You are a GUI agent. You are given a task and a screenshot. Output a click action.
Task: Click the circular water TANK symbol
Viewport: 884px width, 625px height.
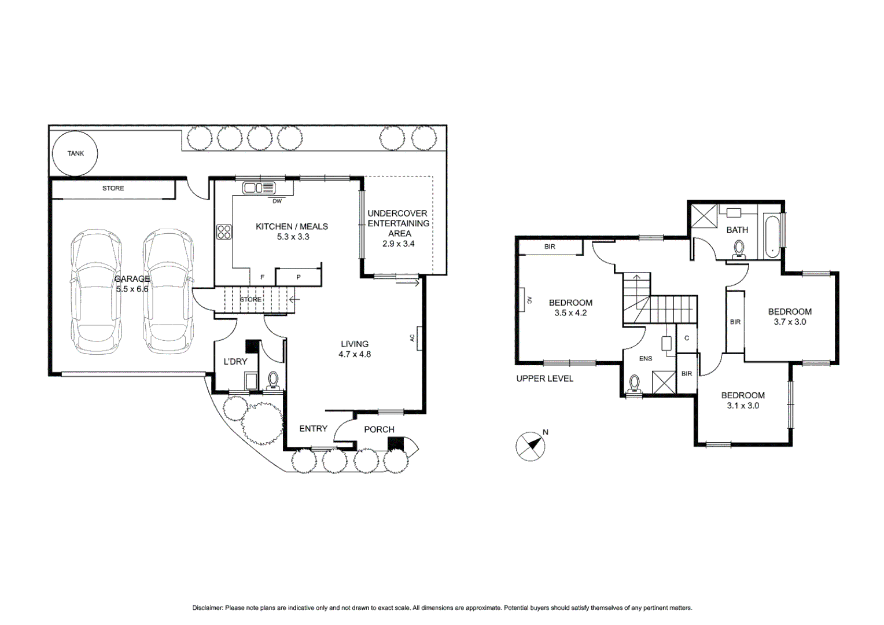(x=75, y=153)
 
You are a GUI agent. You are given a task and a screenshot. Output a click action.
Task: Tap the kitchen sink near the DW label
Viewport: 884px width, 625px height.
(x=259, y=187)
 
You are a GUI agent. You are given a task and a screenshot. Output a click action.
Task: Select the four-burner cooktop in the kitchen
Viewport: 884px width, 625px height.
(x=224, y=232)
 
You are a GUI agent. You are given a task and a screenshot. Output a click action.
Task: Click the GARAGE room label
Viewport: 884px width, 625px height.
(x=132, y=279)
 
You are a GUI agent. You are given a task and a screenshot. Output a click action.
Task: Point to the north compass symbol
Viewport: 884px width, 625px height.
(x=530, y=446)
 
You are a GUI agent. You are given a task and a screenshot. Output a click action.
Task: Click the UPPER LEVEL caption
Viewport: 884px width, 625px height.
(x=544, y=378)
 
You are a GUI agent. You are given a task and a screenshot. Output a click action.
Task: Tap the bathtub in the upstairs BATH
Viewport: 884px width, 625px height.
(x=772, y=237)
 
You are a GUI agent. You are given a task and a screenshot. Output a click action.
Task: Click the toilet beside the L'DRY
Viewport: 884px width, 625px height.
(x=273, y=380)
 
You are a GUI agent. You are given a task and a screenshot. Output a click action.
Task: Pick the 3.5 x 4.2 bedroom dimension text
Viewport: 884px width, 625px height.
(x=570, y=313)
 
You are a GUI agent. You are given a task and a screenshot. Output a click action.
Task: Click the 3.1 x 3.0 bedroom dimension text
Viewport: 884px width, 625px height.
(x=743, y=406)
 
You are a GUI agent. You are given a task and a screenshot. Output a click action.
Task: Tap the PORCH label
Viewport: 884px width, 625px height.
(x=379, y=429)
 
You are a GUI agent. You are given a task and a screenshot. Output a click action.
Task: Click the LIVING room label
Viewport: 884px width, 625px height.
(x=355, y=344)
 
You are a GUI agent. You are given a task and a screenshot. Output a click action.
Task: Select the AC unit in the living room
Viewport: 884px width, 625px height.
(x=419, y=338)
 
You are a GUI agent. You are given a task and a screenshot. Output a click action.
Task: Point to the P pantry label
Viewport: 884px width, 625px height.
(x=299, y=277)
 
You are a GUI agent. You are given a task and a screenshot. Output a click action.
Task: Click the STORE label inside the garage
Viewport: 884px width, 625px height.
(x=113, y=188)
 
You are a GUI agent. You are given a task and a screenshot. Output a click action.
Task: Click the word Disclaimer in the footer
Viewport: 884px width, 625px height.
(x=207, y=608)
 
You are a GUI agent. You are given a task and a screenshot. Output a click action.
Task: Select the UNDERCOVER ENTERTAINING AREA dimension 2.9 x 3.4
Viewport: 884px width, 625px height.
(x=399, y=244)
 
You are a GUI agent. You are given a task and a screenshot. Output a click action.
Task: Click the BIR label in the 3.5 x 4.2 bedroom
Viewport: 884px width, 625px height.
(x=550, y=247)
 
